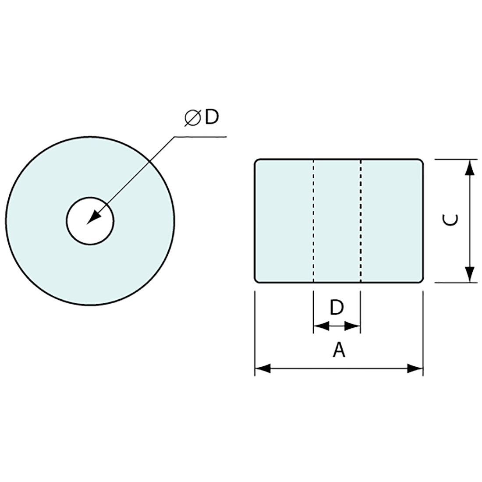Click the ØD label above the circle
pyautogui.click(x=202, y=117)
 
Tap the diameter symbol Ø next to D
pyautogui.click(x=192, y=118)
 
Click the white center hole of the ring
pyautogui.click(x=90, y=221)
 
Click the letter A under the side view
pyautogui.click(x=339, y=350)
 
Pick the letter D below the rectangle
pyautogui.click(x=337, y=308)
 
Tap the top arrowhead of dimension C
pyautogui.click(x=469, y=167)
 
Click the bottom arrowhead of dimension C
pyautogui.click(x=469, y=274)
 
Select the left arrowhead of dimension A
pyautogui.click(x=263, y=368)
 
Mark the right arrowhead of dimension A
pyautogui.click(x=415, y=368)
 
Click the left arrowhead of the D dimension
pyautogui.click(x=321, y=326)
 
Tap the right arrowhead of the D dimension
pyautogui.click(x=352, y=326)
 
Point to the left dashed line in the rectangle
pyautogui.click(x=313, y=221)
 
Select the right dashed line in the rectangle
pyautogui.click(x=361, y=221)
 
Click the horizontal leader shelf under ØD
pyautogui.click(x=200, y=137)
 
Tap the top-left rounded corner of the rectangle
pyautogui.click(x=256, y=161)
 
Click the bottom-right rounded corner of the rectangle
pyautogui.click(x=421, y=280)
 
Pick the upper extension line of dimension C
pyautogui.click(x=456, y=159)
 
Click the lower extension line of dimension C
pyautogui.click(x=456, y=282)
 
